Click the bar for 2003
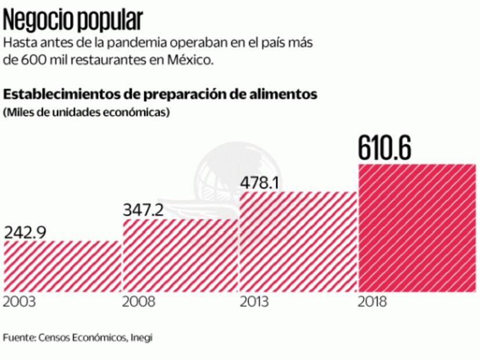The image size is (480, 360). coord(62,265)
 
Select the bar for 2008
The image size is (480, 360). coord(181,255)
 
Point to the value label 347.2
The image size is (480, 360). coord(145,210)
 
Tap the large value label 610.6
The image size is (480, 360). coord(385,148)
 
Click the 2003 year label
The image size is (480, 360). coord(19,303)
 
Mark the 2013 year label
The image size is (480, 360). coord(255,303)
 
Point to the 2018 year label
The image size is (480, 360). coord(373,303)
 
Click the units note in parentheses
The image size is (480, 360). coord(86,111)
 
